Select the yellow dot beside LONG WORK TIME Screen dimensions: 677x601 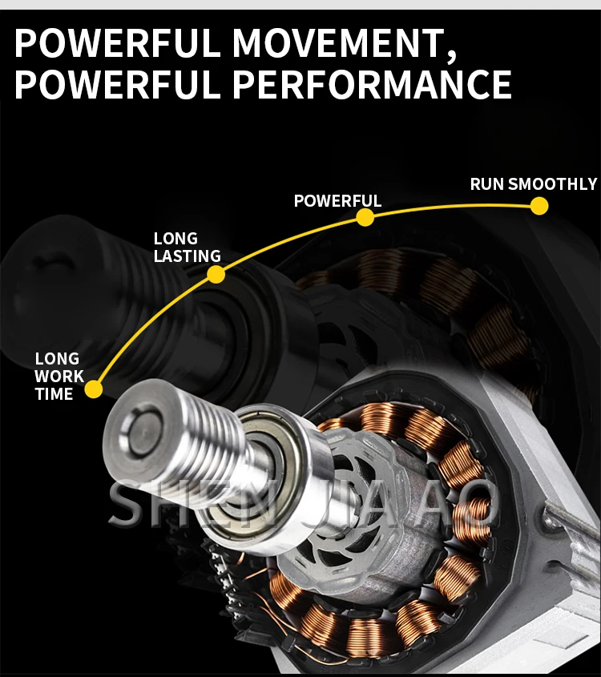point(94,389)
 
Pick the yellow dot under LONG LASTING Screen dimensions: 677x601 point(216,275)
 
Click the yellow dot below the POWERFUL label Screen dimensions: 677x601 point(365,217)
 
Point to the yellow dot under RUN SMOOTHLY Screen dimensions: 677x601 point(539,206)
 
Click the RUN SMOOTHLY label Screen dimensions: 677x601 point(533,184)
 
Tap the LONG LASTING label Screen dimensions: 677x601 point(186,248)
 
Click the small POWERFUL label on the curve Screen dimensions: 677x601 point(337,200)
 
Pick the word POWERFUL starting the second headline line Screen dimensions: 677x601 point(117,84)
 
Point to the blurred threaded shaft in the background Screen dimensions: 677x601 point(72,280)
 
